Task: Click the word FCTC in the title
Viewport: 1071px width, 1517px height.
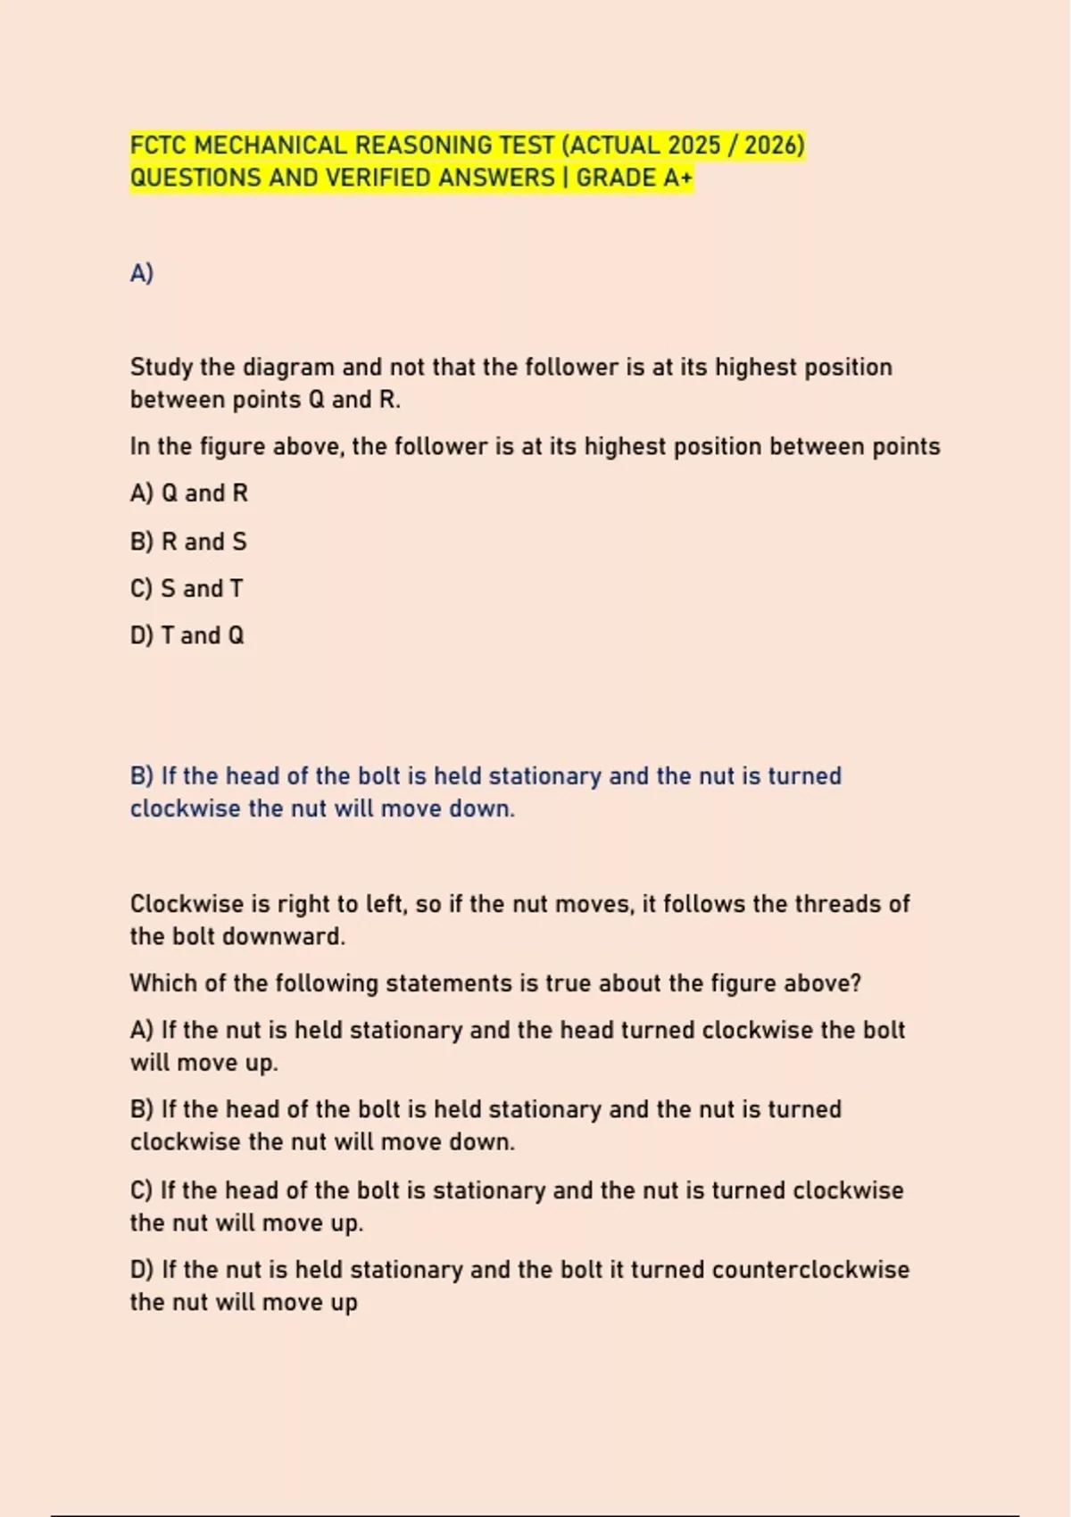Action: (x=159, y=145)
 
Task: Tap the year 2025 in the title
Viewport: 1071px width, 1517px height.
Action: (x=693, y=145)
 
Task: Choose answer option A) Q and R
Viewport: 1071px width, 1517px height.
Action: (x=189, y=493)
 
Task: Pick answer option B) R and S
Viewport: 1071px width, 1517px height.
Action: (x=188, y=542)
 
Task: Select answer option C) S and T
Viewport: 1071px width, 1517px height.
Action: (x=187, y=589)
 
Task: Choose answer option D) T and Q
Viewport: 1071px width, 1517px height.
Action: (x=187, y=635)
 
